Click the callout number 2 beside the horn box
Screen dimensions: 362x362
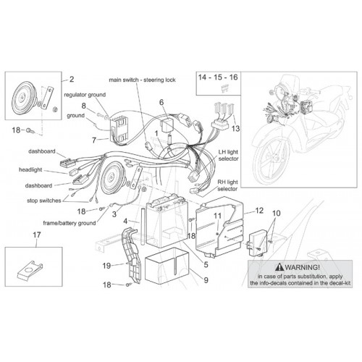coord(72,79)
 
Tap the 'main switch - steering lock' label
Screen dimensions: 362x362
coord(143,80)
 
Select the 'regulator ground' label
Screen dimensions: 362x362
coord(85,95)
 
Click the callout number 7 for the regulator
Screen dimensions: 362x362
coord(94,140)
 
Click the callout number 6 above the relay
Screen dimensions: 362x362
coord(161,102)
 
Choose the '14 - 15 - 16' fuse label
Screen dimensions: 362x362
coord(218,77)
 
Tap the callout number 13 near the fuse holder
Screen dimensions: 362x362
coord(235,128)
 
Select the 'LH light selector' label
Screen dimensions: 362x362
coord(228,156)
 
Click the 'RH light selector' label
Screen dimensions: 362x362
coord(227,185)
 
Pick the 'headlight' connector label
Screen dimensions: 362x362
coord(30,170)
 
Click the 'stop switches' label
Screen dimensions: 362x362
coord(44,201)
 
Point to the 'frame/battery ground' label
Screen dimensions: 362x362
coord(70,223)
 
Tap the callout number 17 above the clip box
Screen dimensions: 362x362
coord(37,235)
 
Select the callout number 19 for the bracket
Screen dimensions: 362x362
coord(106,266)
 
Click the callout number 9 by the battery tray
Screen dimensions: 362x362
coord(206,280)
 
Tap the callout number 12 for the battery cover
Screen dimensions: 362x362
coord(259,211)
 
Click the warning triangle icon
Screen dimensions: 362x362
coord(280,267)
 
